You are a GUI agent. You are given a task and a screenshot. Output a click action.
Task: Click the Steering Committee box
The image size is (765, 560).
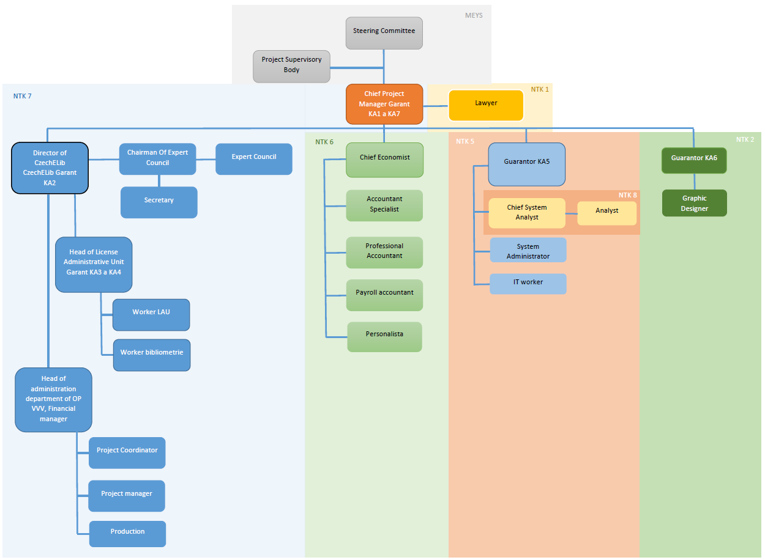tap(384, 33)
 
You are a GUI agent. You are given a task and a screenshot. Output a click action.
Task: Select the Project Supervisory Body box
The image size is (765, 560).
tap(291, 67)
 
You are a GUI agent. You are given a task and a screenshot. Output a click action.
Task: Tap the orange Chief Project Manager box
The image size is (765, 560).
tap(384, 104)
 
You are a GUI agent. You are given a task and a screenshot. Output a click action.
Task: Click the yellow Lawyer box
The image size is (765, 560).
tap(486, 105)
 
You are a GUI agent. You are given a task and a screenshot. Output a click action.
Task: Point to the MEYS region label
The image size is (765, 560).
tap(474, 15)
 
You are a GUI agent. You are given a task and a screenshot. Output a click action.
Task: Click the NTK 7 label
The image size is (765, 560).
tap(22, 96)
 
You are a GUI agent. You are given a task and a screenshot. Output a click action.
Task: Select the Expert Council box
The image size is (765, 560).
tap(254, 159)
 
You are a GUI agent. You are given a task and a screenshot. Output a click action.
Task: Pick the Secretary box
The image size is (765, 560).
tap(159, 202)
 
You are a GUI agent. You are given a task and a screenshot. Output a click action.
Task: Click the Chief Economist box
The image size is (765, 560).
tap(384, 160)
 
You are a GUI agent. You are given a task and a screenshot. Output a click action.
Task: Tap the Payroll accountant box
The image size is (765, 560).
tap(384, 295)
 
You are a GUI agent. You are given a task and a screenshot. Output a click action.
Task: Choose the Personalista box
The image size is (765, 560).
tap(384, 337)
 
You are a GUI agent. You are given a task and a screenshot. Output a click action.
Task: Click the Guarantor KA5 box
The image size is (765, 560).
tap(526, 164)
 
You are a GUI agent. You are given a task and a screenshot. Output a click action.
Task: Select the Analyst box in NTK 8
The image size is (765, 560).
tap(607, 213)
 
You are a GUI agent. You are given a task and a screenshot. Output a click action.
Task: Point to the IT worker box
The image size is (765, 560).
tap(528, 284)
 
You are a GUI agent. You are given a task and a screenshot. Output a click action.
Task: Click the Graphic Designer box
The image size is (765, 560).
tap(694, 203)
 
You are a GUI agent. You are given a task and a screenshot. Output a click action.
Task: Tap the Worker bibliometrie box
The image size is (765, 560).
tap(152, 355)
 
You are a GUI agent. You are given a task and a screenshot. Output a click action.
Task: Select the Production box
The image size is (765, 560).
tap(127, 534)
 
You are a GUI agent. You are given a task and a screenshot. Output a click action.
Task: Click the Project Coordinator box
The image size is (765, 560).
tap(127, 453)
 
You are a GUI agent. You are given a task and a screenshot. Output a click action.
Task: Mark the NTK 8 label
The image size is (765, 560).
tap(628, 195)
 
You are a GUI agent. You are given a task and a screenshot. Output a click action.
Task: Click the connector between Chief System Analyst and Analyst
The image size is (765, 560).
tap(572, 213)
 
